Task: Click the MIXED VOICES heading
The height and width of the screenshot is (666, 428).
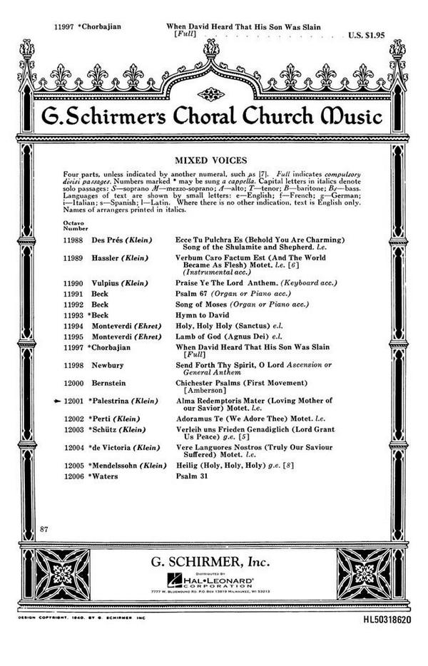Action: [x=213, y=161]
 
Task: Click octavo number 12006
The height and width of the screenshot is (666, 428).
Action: [x=75, y=474]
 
